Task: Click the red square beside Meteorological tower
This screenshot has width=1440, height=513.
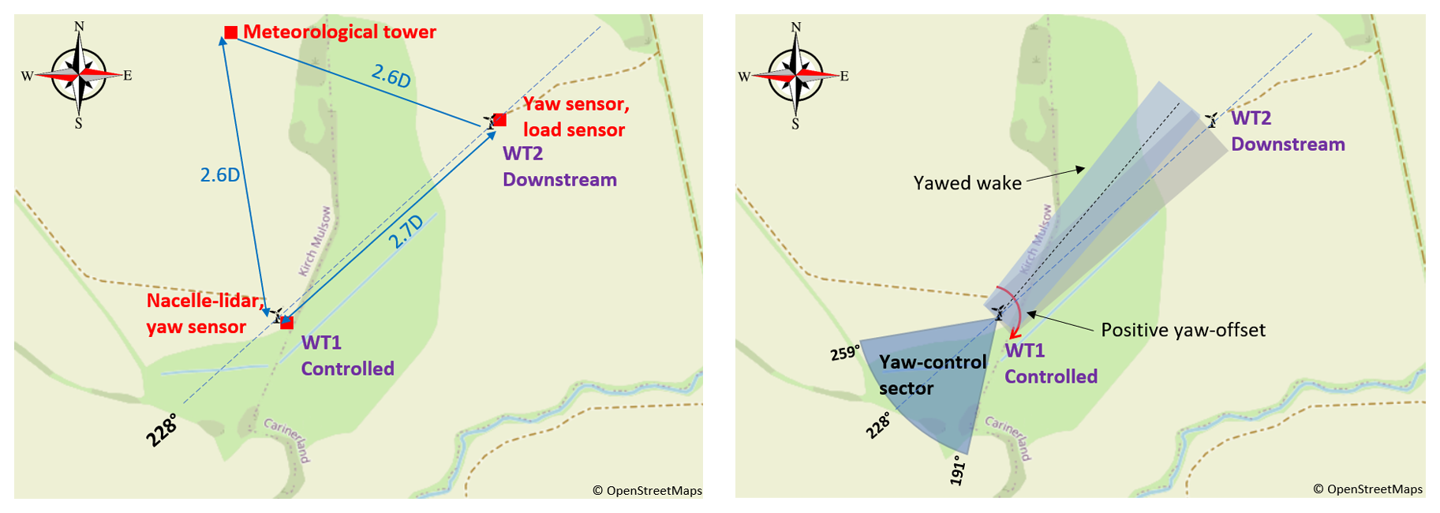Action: pos(230,32)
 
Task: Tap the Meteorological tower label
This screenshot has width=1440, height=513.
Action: pos(339,32)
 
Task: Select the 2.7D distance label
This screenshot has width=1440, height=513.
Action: pos(406,231)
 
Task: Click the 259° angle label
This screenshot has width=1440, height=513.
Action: pos(844,353)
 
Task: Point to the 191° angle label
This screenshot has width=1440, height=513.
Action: pos(957,470)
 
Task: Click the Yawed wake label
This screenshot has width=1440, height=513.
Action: pos(967,183)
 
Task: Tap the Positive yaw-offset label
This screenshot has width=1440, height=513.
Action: pos(1183,330)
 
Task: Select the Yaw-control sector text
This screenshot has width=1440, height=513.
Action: pos(933,375)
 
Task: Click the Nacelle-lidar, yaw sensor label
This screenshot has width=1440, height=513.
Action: pos(204,313)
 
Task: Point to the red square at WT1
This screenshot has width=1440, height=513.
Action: pos(287,322)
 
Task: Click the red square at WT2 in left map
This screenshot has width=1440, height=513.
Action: pos(499,120)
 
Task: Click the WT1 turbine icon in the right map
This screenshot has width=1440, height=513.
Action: pos(999,313)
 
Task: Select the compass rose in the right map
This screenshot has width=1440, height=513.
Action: pos(796,76)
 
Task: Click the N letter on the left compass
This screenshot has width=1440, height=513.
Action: pos(79,27)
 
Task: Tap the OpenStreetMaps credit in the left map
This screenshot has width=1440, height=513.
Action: pos(648,491)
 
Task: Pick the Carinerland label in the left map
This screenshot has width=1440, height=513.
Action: pos(288,440)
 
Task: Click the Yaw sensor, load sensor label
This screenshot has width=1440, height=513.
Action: pos(575,117)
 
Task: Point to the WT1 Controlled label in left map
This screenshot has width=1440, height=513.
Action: pos(347,355)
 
